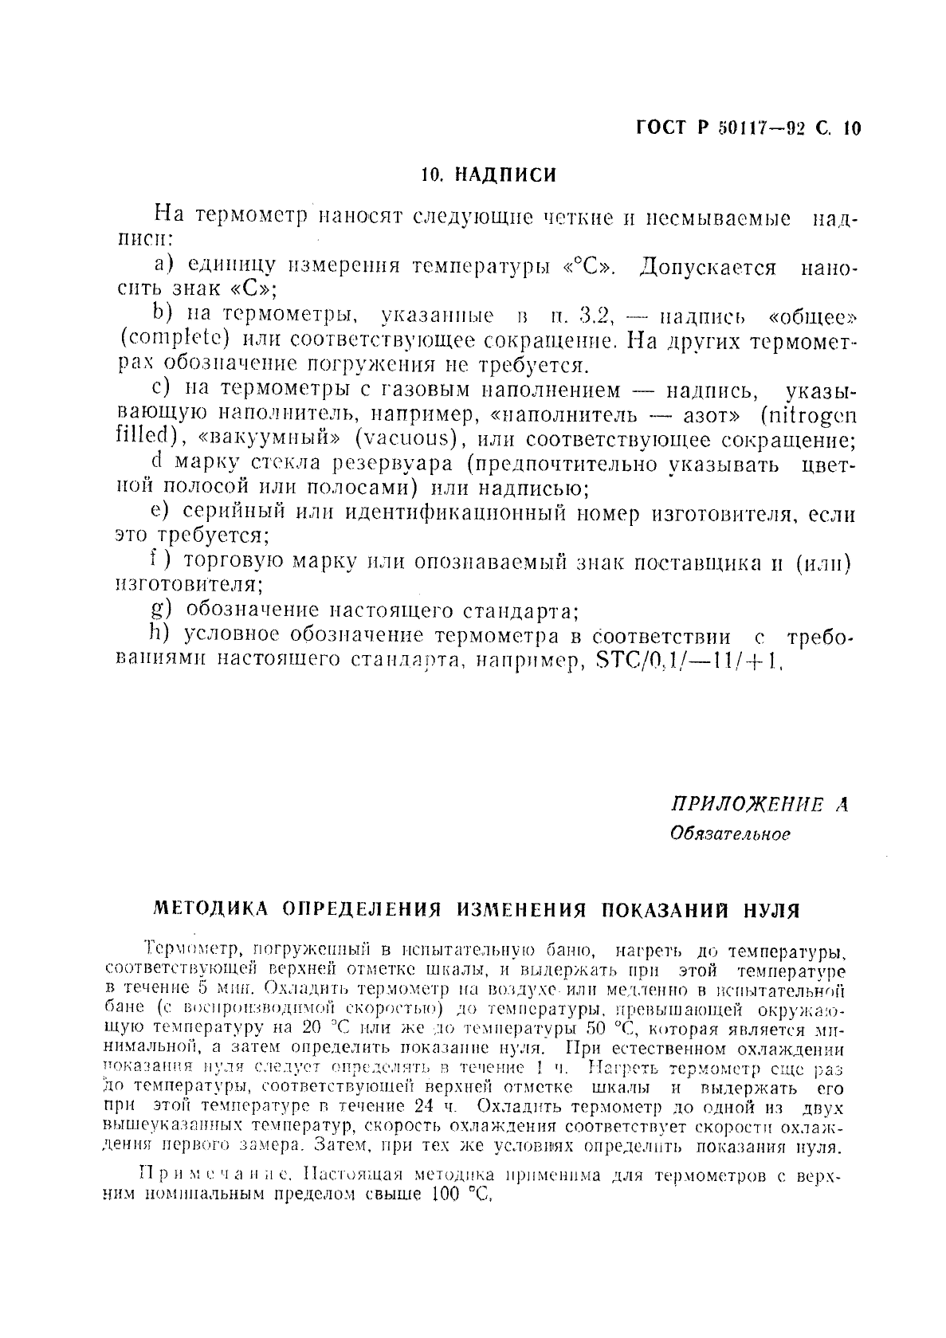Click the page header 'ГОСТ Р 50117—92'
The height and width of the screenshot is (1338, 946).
(x=721, y=128)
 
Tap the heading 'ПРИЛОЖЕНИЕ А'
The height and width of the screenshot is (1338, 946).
(x=758, y=805)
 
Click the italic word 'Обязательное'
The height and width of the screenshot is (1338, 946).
(x=730, y=834)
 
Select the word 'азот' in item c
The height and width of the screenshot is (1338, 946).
(x=708, y=415)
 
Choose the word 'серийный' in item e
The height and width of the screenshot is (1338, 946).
(x=227, y=513)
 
